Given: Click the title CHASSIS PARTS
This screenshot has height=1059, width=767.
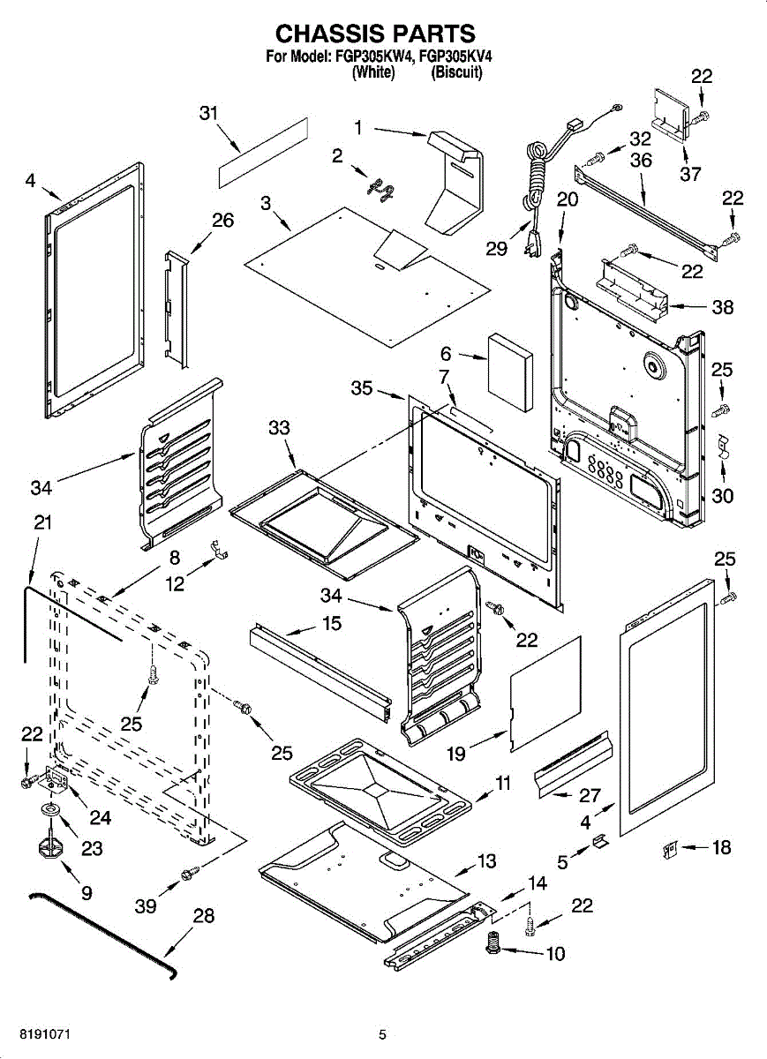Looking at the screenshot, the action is (375, 34).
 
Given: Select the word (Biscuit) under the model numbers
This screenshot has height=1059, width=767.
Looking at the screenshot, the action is (456, 72).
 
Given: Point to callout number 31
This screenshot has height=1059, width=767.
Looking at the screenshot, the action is (208, 113).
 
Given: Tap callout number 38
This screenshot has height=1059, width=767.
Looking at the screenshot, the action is (723, 307).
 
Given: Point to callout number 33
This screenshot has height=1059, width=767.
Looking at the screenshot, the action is (279, 428).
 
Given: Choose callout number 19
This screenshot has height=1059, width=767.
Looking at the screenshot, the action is (455, 754).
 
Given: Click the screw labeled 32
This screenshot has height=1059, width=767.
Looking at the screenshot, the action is (595, 158).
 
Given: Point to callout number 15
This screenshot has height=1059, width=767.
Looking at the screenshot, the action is (332, 624).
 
